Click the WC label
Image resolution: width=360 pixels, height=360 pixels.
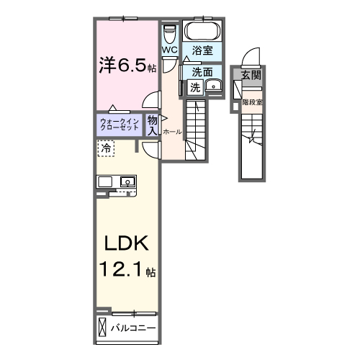tap(170, 50)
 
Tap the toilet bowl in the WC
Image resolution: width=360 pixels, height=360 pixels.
tap(170, 34)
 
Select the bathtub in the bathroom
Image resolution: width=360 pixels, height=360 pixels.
tap(203, 31)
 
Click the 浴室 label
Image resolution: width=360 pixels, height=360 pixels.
tap(202, 50)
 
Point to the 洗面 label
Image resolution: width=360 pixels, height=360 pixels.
tap(202, 72)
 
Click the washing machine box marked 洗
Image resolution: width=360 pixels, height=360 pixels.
tap(195, 87)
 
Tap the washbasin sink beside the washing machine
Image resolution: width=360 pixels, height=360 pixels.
tap(213, 86)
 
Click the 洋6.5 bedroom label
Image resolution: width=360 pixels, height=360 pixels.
tap(128, 66)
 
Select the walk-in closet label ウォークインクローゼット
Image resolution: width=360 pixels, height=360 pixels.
tap(120, 124)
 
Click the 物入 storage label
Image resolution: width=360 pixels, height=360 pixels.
tap(152, 125)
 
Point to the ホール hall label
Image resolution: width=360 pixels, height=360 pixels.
tap(172, 132)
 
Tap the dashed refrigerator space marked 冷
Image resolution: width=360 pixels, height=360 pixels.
tap(106, 148)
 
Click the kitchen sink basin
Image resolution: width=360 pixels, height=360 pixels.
tap(127, 181)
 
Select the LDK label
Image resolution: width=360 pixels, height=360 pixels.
tap(126, 243)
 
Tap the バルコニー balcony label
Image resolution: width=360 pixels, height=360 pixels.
tap(133, 328)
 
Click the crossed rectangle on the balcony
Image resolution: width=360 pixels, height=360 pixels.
tap(102, 327)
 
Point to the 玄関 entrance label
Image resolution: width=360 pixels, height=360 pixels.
tap(251, 76)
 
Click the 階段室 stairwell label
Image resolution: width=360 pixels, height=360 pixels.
tap(252, 102)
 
